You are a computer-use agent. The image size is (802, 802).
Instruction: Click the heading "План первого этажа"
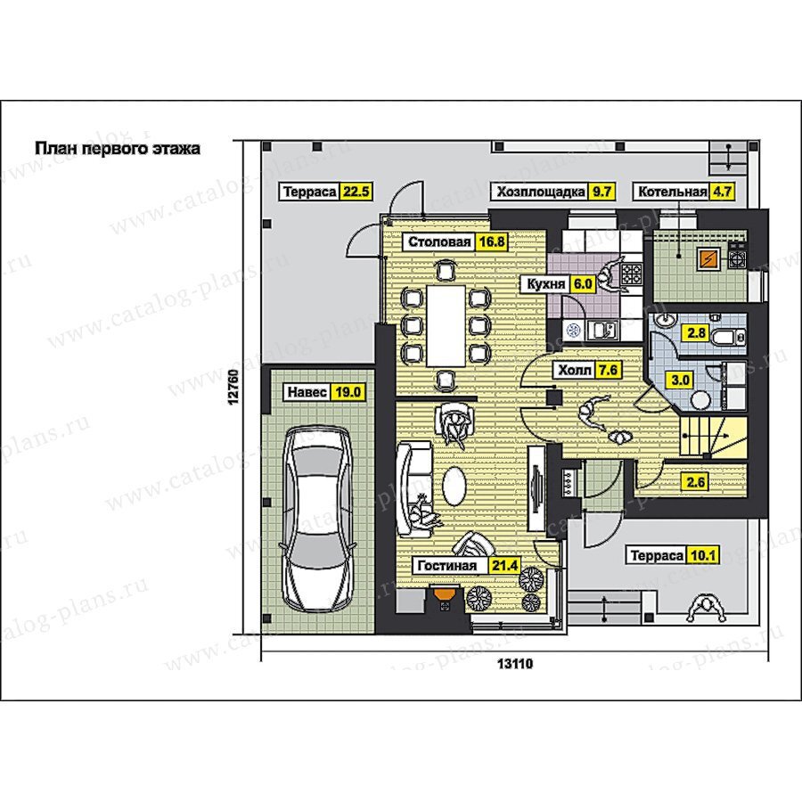pos(117,149)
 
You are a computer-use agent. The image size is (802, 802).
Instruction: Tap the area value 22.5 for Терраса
pos(356,192)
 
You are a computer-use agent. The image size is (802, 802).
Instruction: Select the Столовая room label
pos(439,241)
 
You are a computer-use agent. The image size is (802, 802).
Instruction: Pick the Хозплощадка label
pos(541,192)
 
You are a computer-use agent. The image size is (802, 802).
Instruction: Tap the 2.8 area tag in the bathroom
pos(697,333)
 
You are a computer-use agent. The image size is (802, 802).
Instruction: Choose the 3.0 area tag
pos(680,380)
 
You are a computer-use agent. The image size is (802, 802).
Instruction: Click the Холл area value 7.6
pos(608,370)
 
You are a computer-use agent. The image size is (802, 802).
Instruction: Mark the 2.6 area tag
pos(696,482)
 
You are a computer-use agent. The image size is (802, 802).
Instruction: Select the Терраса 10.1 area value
pos(703,555)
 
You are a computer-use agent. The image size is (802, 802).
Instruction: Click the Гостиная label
pos(447,566)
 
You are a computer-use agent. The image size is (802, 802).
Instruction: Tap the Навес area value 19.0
pos(348,392)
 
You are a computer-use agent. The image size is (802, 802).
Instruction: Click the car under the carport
pos(319,520)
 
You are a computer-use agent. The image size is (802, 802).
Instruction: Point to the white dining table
pos(446,326)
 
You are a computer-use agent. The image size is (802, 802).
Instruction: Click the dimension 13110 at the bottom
pos(515,664)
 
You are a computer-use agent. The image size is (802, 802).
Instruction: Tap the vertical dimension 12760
pos(234,388)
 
